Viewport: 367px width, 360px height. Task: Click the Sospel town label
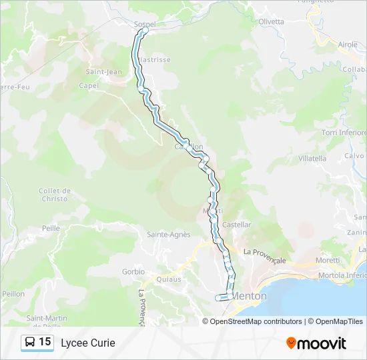[x=145, y=25]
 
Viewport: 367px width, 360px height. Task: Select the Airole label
[x=348, y=44]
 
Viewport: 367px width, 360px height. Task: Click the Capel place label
[x=89, y=85]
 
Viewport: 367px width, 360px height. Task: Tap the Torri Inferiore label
[x=344, y=133]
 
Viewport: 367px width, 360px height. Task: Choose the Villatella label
[x=312, y=159]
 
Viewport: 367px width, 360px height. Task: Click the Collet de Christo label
[x=54, y=195]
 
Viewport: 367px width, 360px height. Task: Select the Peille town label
[x=51, y=227]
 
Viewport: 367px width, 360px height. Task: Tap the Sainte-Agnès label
[x=169, y=235]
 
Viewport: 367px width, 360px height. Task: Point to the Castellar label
[x=237, y=225]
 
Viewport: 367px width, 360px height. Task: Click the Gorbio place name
[x=133, y=272]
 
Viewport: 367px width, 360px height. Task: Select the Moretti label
[x=328, y=260]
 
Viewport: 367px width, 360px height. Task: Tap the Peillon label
[x=13, y=293]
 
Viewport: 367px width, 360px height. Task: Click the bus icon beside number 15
[x=30, y=343]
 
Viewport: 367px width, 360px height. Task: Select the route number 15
[x=45, y=342]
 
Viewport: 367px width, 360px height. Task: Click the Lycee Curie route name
[x=88, y=343]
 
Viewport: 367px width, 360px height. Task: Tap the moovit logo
[x=316, y=343]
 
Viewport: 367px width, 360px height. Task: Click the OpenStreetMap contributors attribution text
[x=256, y=321]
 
